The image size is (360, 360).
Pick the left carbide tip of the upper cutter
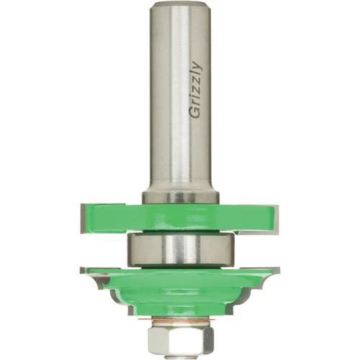coord(81,215)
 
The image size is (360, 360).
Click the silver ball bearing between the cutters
coord(179,248)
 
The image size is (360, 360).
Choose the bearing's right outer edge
coord(231,248)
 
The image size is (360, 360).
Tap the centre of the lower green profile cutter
coord(179,295)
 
